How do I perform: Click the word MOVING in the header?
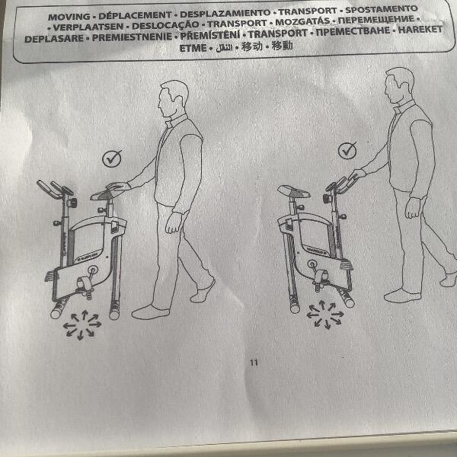coord(69,17)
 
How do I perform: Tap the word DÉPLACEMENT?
coord(135,15)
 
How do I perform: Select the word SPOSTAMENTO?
coord(382,10)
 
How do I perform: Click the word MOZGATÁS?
coord(302,21)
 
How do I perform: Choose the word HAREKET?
coord(420,30)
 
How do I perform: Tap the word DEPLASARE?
coord(54,39)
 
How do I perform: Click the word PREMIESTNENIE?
coord(132,37)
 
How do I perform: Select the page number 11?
coord(254,363)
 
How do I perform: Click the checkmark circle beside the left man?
coord(112,159)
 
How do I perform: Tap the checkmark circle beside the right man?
coord(347,150)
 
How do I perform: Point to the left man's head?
coord(173,99)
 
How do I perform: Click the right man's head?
coord(399,85)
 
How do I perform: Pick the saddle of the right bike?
coord(293,191)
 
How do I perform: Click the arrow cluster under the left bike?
coord(82,325)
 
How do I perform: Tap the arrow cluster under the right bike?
coord(325,315)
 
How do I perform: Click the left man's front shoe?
coord(150,312)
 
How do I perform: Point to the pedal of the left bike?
coord(84,283)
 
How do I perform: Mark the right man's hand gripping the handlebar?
coord(357,174)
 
